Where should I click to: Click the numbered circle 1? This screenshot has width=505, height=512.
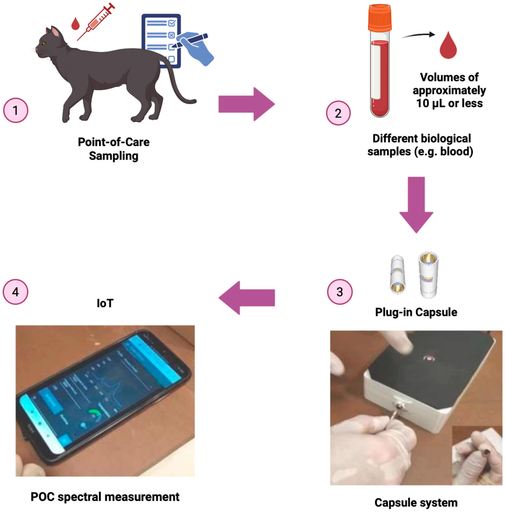[x=16, y=110]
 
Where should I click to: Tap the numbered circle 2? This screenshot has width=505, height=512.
[x=338, y=113]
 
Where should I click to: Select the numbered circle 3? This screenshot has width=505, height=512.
[x=340, y=292]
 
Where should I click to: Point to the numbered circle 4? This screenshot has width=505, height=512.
[x=16, y=292]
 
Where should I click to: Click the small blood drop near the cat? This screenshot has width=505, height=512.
[x=75, y=24]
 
